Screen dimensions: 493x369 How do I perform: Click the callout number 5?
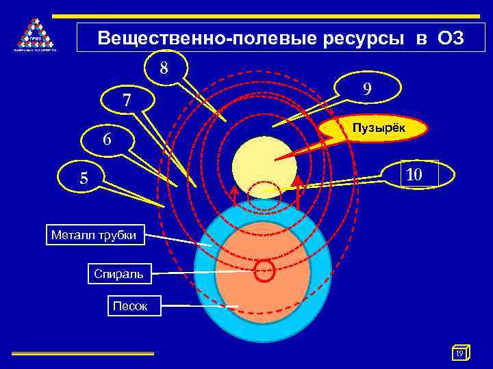point(84,178)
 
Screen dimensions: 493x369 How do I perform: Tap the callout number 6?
point(107,139)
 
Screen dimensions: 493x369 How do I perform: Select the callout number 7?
point(127,100)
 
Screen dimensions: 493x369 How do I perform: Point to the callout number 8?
point(164,68)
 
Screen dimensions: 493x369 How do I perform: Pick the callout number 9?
point(368,89)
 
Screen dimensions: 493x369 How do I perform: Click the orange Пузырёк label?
point(378,128)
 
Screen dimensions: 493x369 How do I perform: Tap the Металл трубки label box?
point(94,236)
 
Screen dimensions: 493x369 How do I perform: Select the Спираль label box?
point(118,274)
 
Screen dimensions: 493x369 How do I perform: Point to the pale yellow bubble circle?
point(264,165)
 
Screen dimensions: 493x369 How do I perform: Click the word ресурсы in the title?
point(362,38)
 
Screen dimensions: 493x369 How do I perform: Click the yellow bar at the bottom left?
point(82,353)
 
